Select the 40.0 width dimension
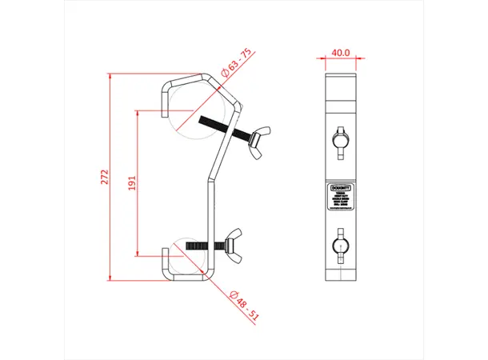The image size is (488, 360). coord(342,52)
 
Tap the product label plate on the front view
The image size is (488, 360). coord(342,197)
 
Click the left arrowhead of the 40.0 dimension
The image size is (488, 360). coord(328,59)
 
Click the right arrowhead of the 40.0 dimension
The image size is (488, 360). coord(355,59)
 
